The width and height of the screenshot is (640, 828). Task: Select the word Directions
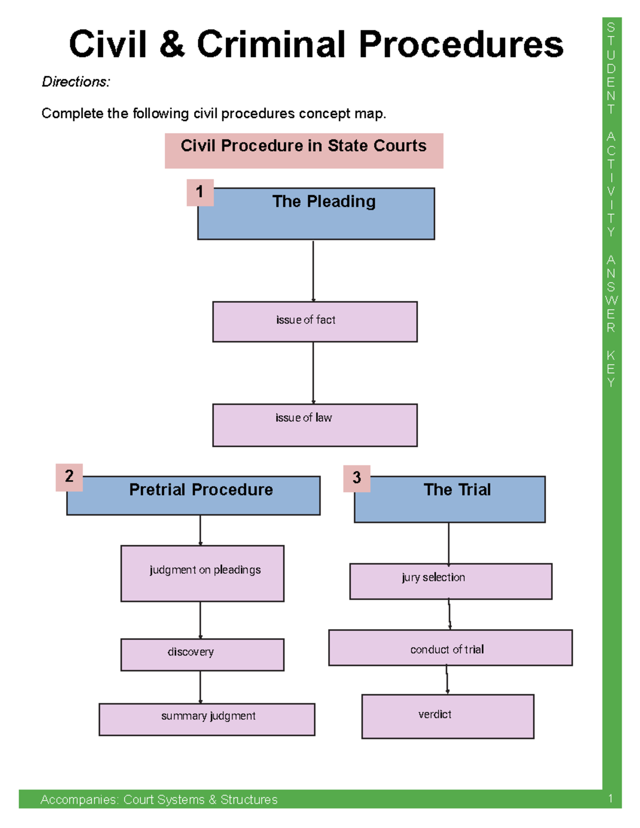(x=76, y=82)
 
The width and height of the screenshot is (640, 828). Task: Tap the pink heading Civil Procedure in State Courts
(x=303, y=146)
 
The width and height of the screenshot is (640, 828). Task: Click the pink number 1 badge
(x=200, y=192)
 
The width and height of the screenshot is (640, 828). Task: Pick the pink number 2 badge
(x=69, y=477)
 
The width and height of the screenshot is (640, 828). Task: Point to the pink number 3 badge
(x=357, y=478)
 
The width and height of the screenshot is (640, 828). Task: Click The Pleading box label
(x=324, y=202)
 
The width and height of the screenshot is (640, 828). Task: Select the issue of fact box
(x=315, y=321)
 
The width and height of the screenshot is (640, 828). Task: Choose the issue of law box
(x=315, y=424)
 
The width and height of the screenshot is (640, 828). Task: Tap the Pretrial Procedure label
(x=201, y=489)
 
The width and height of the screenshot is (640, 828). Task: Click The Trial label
(x=457, y=489)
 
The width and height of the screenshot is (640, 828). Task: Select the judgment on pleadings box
(x=203, y=573)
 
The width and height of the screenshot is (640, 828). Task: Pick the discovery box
(x=203, y=654)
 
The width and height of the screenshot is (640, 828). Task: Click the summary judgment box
(x=207, y=719)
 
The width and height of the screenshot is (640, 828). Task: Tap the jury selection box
(x=451, y=581)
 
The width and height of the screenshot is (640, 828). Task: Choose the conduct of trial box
(x=450, y=648)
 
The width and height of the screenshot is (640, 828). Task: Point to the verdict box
(x=447, y=716)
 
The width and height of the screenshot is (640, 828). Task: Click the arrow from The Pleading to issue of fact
(x=313, y=271)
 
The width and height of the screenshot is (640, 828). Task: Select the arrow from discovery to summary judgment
(x=201, y=687)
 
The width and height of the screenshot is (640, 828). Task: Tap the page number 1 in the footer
(x=610, y=799)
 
